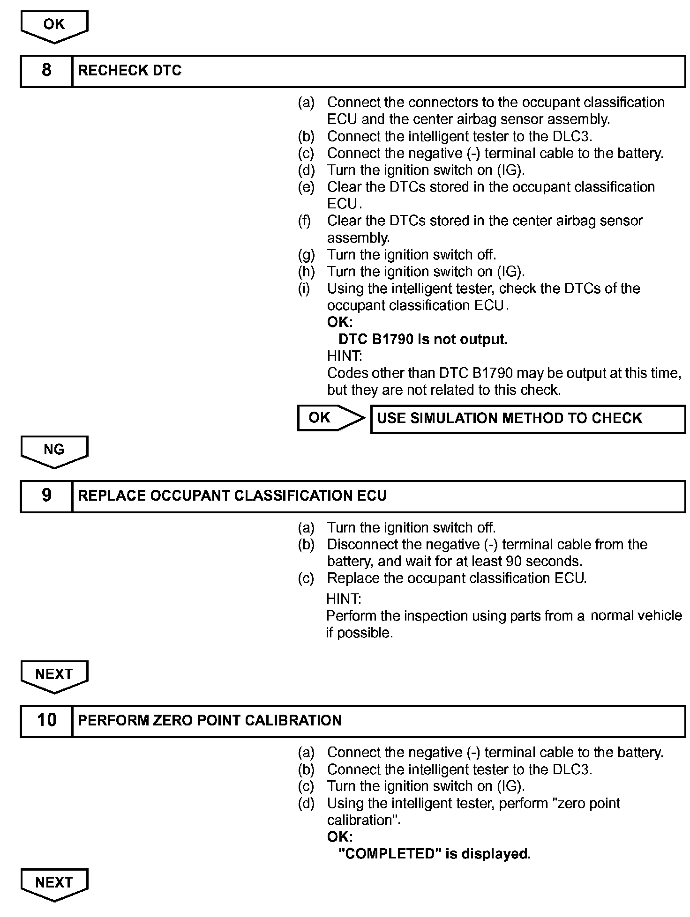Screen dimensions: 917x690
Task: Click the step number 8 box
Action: (x=46, y=71)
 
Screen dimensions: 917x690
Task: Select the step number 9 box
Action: (x=46, y=496)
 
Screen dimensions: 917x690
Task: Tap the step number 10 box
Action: (x=46, y=721)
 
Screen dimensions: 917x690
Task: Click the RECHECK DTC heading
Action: (x=130, y=71)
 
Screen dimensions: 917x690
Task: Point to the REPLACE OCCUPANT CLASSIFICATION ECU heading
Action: (x=232, y=496)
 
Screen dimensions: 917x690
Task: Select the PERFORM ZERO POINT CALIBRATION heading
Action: (x=210, y=721)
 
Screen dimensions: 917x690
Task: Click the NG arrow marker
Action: (x=54, y=451)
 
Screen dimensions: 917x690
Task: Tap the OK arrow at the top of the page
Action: (x=54, y=26)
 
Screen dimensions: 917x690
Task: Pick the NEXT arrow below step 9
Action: (x=54, y=676)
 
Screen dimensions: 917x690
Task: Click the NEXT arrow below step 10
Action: (x=54, y=884)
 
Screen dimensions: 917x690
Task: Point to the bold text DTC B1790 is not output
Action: (x=423, y=340)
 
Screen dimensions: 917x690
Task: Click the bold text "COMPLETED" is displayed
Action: (x=435, y=854)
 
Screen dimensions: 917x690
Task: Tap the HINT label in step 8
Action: (x=345, y=356)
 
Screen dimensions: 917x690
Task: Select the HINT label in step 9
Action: (x=344, y=599)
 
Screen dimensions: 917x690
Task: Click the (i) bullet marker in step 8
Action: (x=304, y=289)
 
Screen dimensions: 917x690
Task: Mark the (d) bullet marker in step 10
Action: (x=306, y=804)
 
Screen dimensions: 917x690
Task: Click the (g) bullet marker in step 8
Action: (x=306, y=255)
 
